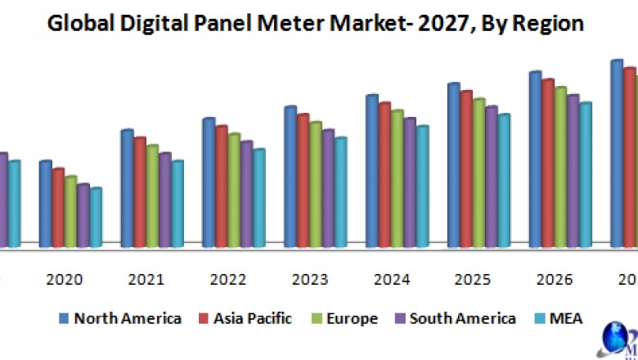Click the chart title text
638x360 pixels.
[x=316, y=24]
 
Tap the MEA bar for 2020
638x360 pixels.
[x=96, y=218]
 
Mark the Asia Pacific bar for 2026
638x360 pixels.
[x=548, y=163]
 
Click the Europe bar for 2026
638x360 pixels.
[x=560, y=167]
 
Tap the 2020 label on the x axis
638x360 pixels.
[x=65, y=280]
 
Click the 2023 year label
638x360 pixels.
[x=310, y=280]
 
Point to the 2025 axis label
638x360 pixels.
[x=474, y=280]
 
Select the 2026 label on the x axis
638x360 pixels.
[x=555, y=280]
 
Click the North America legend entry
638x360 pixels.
[x=120, y=318]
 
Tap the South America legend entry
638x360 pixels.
[x=455, y=318]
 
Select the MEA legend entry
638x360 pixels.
[x=557, y=318]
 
